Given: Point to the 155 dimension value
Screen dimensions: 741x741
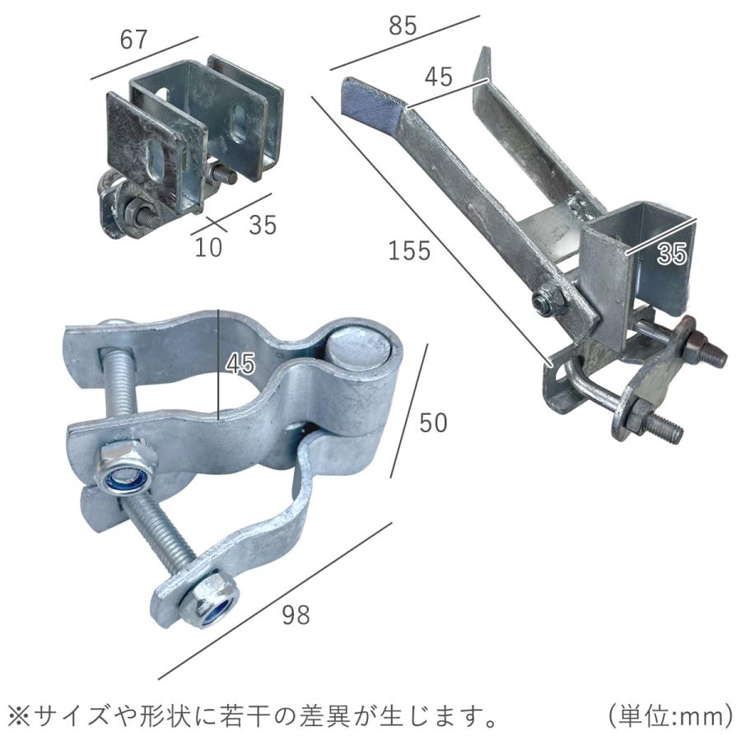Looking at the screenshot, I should (x=409, y=250).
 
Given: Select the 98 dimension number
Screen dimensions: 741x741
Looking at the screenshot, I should (x=296, y=613).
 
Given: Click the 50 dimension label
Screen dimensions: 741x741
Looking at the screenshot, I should (x=433, y=422).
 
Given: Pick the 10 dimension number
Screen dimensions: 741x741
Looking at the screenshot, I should (x=208, y=247).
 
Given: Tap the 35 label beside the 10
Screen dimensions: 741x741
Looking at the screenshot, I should (x=262, y=224).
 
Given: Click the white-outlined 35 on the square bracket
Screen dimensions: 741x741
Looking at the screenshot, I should (x=672, y=254).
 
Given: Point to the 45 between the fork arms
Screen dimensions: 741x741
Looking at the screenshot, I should (x=438, y=77).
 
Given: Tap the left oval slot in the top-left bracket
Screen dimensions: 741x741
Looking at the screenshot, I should (x=153, y=157).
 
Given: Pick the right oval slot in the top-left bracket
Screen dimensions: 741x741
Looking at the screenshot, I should (x=238, y=123).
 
